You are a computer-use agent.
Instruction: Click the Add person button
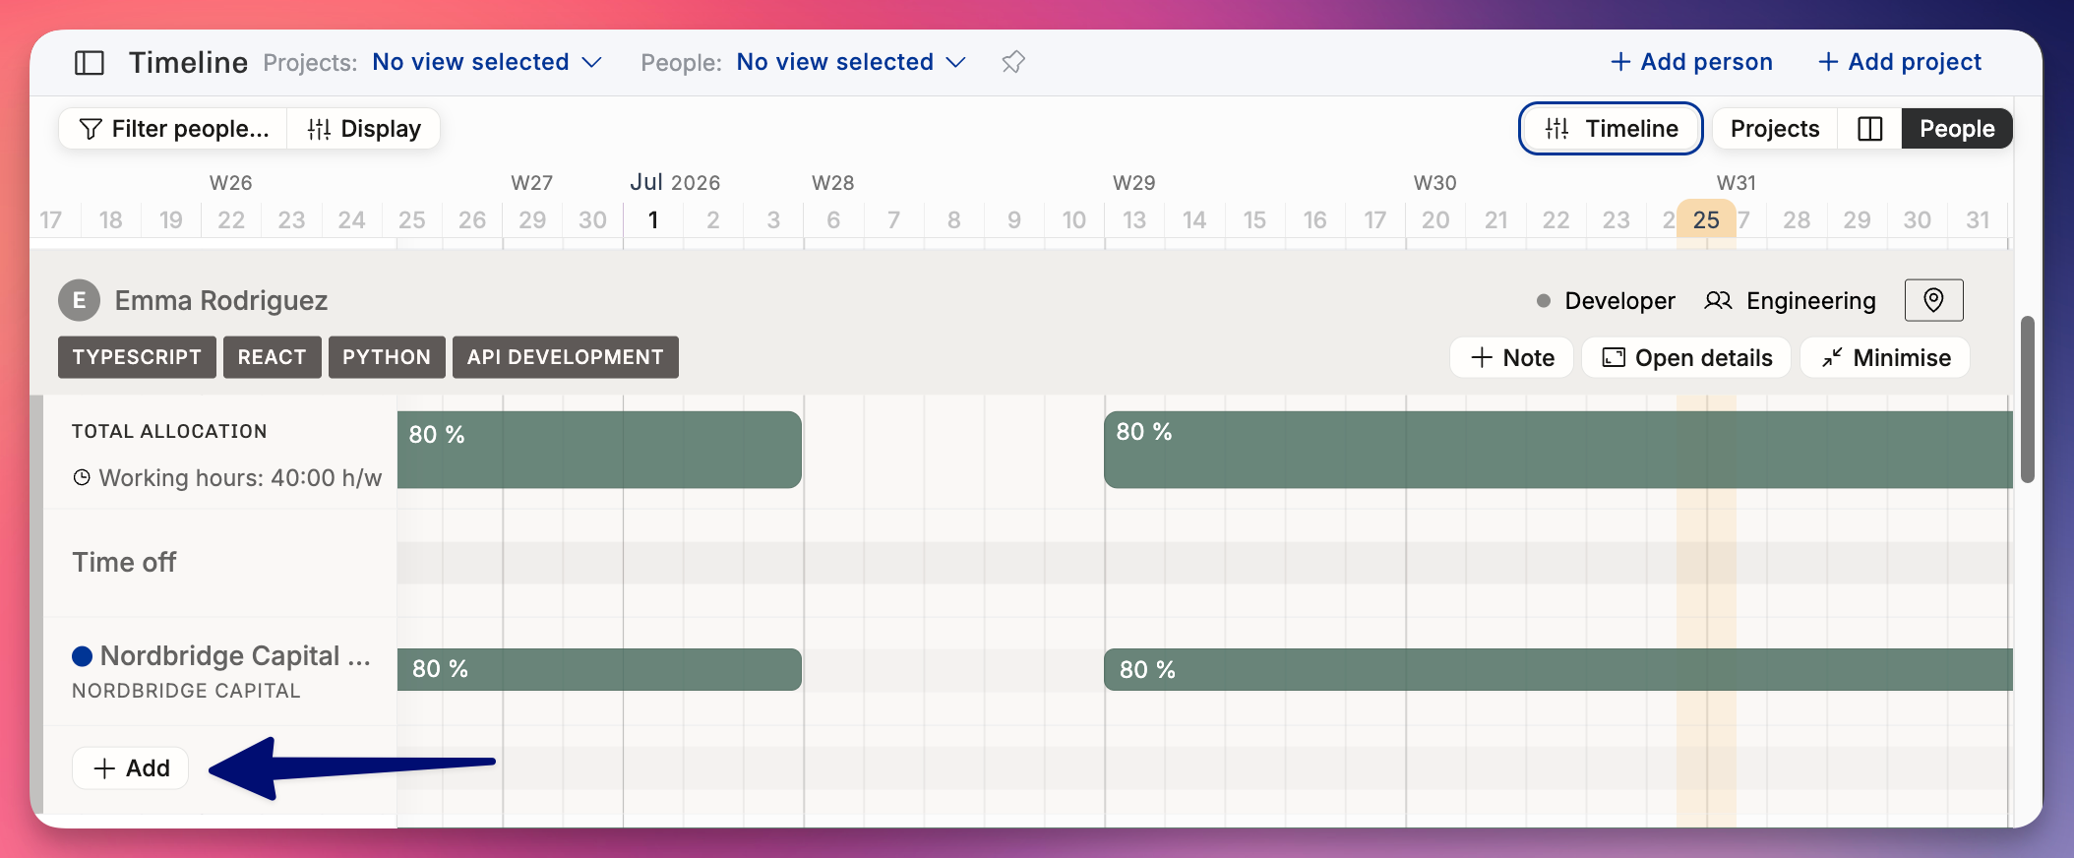tap(1691, 62)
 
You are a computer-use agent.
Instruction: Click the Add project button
tap(1900, 62)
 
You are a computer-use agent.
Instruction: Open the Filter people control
tap(173, 129)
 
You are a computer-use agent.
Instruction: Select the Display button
tap(364, 129)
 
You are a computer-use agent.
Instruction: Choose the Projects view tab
tap(1775, 129)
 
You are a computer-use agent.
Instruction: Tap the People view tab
tap(1957, 129)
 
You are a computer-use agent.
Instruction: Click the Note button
tap(1512, 358)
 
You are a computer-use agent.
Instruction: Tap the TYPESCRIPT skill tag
tap(137, 357)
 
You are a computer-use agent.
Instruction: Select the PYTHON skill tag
tap(387, 357)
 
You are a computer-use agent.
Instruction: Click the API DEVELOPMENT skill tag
tap(566, 357)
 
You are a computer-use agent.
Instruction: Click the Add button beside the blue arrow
tap(131, 768)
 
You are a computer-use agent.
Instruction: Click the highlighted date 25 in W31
tap(1706, 219)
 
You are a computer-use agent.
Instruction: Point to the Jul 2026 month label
tap(675, 183)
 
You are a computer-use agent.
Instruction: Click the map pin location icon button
tap(1933, 300)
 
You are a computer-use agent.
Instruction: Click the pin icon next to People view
tap(1013, 62)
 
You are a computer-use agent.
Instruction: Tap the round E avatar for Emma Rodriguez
tap(80, 300)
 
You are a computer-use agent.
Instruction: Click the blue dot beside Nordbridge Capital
tap(83, 656)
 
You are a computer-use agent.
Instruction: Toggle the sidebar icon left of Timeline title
tap(90, 63)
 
